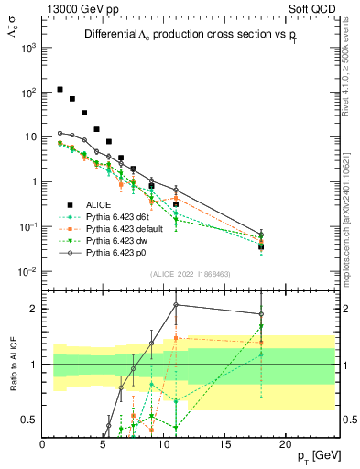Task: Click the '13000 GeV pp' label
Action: pos(75,8)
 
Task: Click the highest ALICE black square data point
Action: pos(60,90)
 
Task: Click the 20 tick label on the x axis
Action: pos(285,443)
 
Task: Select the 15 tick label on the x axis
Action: pos(224,443)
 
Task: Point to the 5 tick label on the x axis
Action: pos(103,443)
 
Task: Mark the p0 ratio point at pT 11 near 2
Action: pos(176,305)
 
